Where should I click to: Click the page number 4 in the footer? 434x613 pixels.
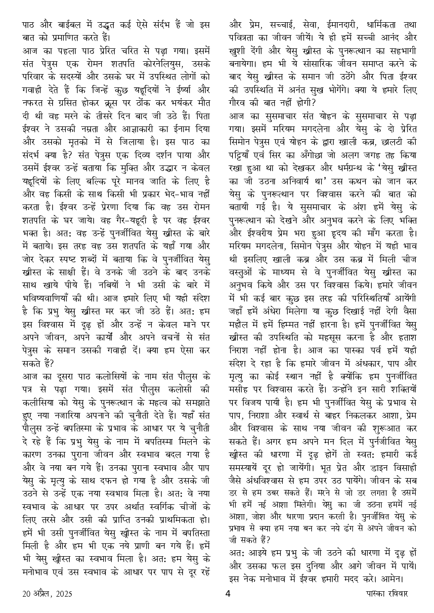pyautogui.click(x=228, y=593)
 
